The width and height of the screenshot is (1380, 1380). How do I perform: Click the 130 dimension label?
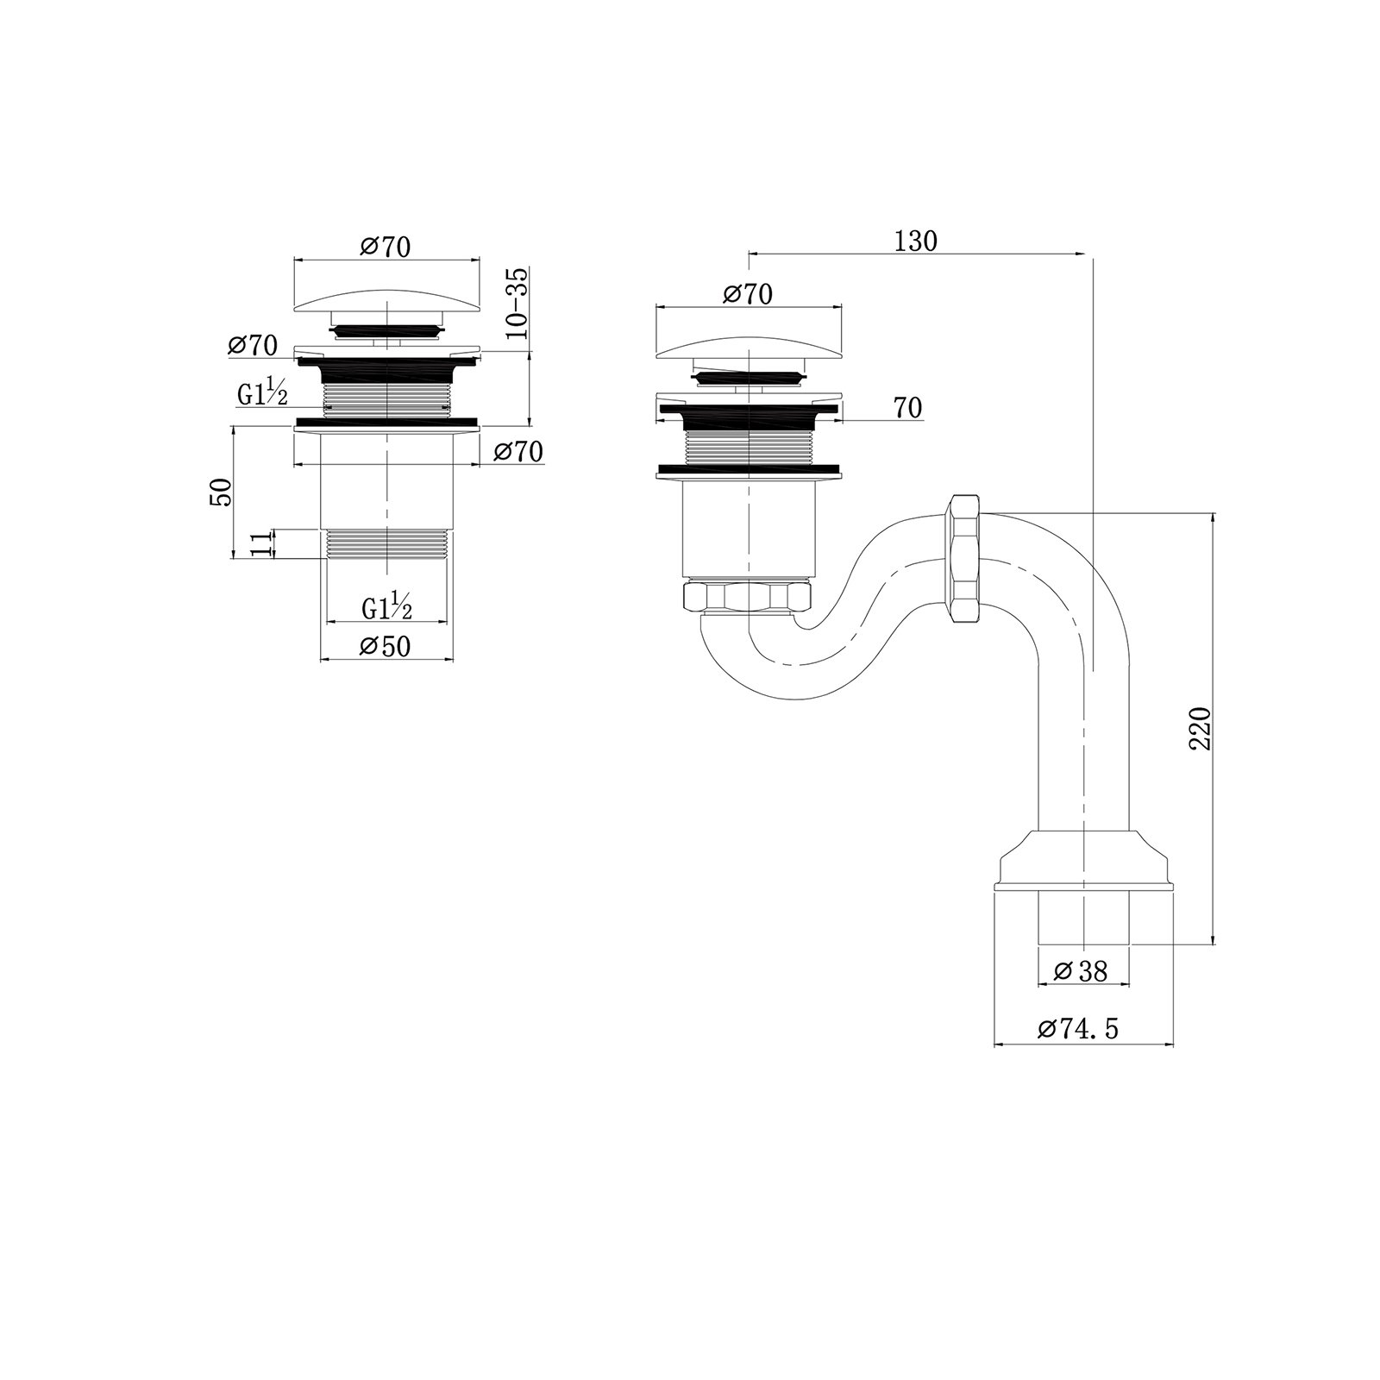point(915,241)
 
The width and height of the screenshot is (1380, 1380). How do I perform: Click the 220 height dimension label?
point(1201,728)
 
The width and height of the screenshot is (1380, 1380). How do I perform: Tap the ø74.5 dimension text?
point(1078,1028)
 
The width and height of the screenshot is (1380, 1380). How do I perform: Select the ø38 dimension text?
point(1081,971)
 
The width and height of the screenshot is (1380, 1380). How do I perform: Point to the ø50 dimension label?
point(386,645)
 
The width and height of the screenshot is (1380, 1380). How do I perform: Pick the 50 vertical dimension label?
point(221,492)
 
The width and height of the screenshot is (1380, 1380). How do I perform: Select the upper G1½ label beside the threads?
point(262,393)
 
